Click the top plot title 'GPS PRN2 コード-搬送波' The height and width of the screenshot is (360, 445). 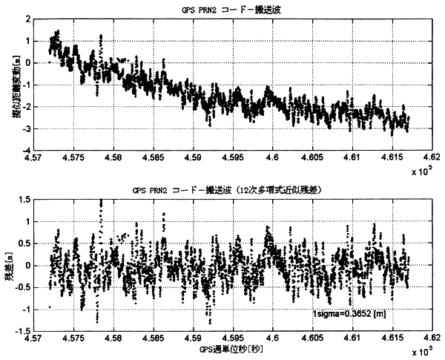tap(222, 9)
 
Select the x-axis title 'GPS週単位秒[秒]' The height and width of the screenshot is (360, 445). tap(233, 348)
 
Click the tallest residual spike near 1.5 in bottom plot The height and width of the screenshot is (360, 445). tap(101, 201)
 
